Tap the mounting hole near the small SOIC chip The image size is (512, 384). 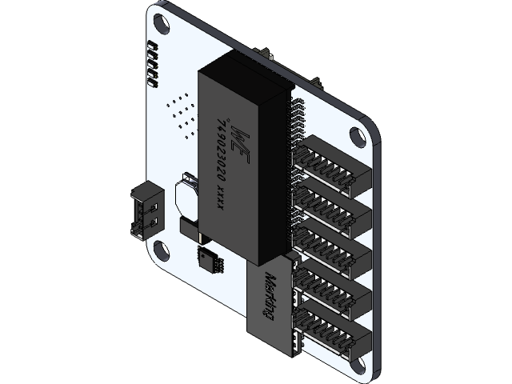coord(162,249)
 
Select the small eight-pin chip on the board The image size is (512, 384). coord(210,258)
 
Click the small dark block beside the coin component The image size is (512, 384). coord(192,230)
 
